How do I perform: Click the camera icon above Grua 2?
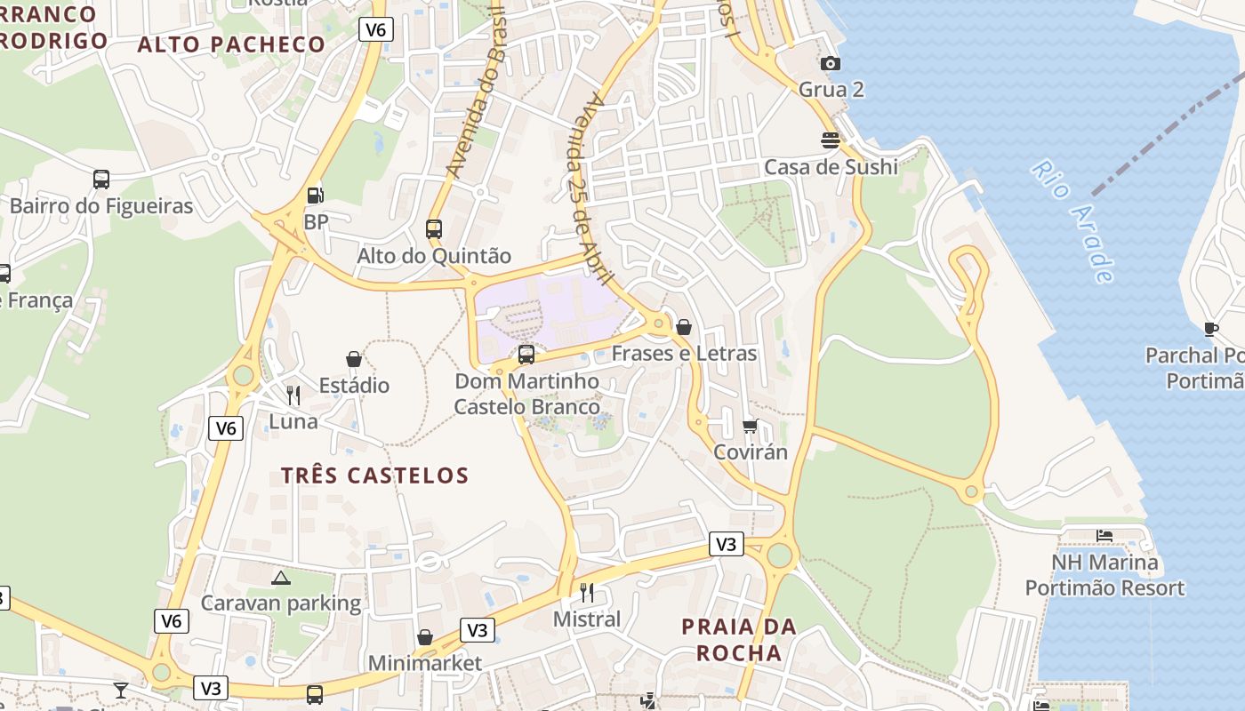coord(830,63)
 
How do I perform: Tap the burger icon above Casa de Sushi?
coord(831,140)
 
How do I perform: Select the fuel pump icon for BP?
coord(315,195)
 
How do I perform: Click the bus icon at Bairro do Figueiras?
coord(101,180)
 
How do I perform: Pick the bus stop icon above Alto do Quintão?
coord(434,228)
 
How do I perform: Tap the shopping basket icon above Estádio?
coord(354,359)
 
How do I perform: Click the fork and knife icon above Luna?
coord(293,395)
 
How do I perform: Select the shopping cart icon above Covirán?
coord(751,427)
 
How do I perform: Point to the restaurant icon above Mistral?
coord(587,592)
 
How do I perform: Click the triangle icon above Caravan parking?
coord(281,578)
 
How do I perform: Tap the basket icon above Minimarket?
coord(425,637)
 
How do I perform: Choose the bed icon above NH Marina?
coord(1104,536)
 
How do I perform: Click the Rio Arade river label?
coord(1073,220)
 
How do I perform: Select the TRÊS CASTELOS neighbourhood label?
coord(374,475)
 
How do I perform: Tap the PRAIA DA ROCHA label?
coord(738,640)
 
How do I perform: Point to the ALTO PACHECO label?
coord(231,44)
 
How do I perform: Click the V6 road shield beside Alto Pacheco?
coord(376,29)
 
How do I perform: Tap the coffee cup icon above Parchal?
coord(1210,329)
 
